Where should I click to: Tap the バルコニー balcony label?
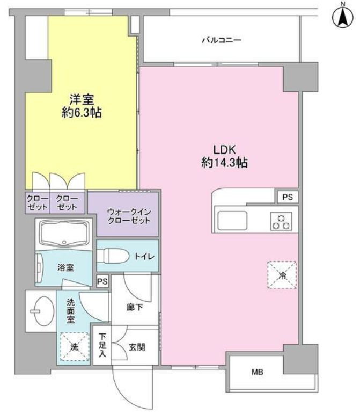click(221, 40)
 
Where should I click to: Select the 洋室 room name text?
click(81, 99)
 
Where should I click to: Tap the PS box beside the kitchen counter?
click(287, 197)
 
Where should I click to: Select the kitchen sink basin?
click(232, 220)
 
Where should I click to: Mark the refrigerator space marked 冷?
click(282, 275)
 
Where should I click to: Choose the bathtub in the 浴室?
click(65, 233)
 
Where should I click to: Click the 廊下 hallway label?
click(134, 307)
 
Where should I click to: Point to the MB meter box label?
click(258, 372)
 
